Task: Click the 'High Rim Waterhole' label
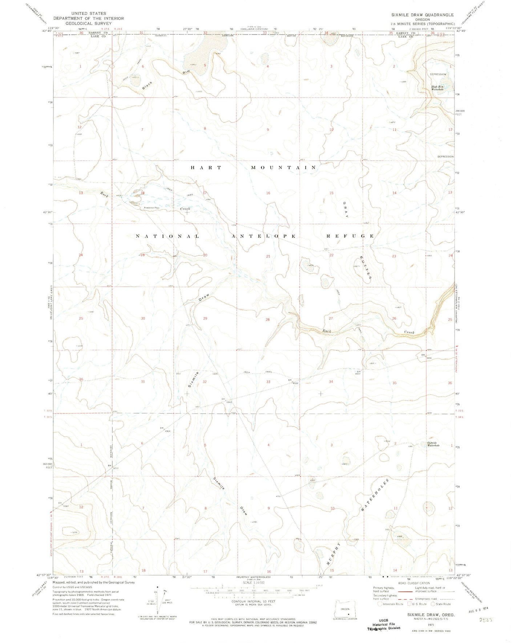coord(437,87)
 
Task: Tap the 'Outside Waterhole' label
coord(433,444)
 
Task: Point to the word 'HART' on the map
coord(206,168)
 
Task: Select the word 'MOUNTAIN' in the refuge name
coord(284,168)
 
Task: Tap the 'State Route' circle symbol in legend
coord(433,604)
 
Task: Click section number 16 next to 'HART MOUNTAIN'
coord(268,193)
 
